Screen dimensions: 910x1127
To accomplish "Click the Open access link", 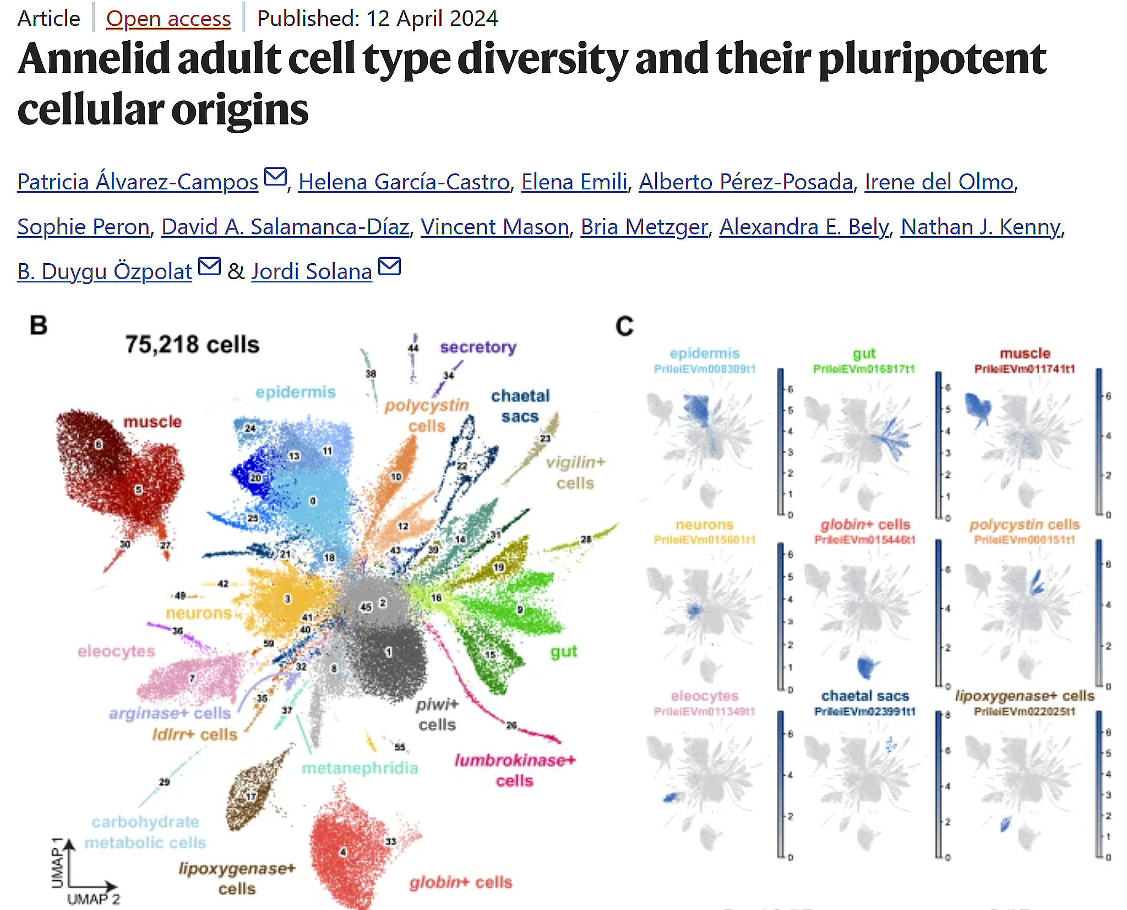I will point(168,19).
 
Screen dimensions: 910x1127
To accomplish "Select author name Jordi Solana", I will point(311,271).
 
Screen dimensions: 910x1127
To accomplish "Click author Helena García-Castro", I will point(404,182).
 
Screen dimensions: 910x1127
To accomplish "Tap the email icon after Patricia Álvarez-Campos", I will point(275,177).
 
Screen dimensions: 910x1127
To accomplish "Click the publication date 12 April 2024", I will point(432,19).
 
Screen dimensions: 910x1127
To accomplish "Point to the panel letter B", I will point(39,325).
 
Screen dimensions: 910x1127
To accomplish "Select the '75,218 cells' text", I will point(192,345).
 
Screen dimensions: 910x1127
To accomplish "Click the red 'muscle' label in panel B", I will point(153,422).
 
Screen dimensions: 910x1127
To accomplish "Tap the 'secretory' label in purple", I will point(478,347).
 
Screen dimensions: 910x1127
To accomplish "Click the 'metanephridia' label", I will point(360,768).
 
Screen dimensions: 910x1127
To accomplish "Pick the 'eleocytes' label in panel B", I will point(116,651).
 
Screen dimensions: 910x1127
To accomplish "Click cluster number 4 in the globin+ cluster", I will point(343,852).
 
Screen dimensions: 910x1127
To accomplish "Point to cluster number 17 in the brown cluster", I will point(251,797).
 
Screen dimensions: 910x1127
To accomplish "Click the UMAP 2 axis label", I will point(93,899).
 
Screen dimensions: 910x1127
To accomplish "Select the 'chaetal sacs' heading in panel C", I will point(864,696).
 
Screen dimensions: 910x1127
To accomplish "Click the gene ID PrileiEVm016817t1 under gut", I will point(863,369).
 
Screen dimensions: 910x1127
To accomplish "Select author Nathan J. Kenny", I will point(980,227).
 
